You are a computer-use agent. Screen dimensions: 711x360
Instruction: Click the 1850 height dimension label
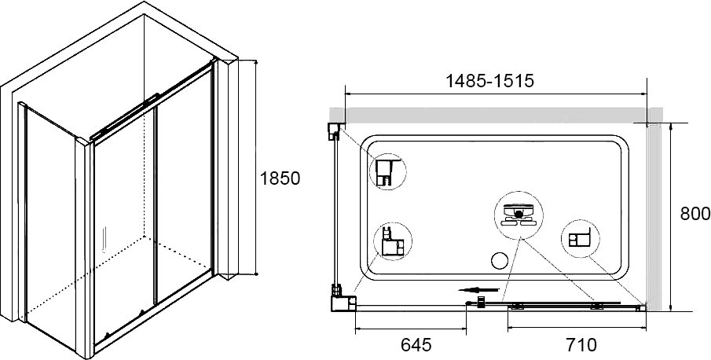[280, 178]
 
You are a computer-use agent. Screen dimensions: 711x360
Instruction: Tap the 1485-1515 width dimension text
[490, 81]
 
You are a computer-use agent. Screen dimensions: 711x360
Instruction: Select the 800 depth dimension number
[695, 214]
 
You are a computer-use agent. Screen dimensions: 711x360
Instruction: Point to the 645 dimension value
[416, 345]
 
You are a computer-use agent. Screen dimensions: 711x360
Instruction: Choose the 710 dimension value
[582, 345]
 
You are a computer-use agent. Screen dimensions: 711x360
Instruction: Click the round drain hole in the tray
[500, 261]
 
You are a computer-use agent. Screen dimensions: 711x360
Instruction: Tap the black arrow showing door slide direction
[478, 290]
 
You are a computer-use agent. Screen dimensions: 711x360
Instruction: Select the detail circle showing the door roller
[519, 215]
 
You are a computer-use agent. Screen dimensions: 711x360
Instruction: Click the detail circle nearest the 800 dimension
[581, 238]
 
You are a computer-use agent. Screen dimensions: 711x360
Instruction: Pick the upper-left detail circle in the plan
[387, 171]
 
